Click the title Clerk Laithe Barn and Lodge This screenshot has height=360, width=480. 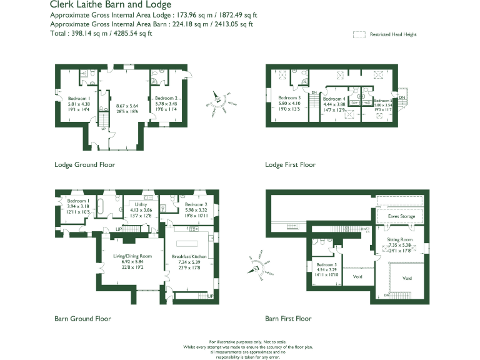[110, 5]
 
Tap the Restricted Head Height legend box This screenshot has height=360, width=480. [359, 35]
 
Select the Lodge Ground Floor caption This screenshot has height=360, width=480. [84, 165]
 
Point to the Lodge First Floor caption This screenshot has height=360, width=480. [290, 165]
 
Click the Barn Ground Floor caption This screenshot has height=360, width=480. [82, 318]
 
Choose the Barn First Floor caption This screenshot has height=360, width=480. [288, 318]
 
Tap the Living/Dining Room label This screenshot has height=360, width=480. [132, 256]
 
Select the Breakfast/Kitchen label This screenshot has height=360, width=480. [189, 257]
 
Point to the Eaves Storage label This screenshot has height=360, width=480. [401, 216]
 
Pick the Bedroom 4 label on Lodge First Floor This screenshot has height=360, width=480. [334, 99]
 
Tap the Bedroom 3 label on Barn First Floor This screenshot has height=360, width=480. [325, 265]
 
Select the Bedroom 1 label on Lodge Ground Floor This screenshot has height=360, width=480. [79, 98]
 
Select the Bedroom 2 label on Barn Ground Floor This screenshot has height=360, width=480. [196, 204]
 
